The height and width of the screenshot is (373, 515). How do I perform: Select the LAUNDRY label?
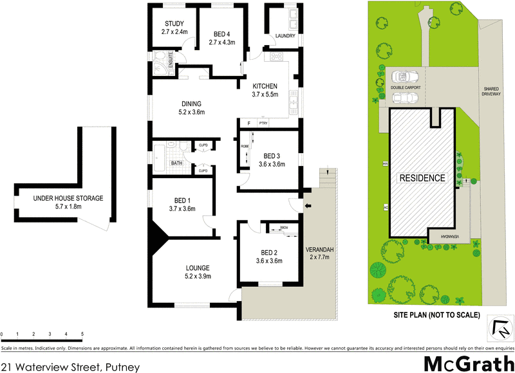[285, 36]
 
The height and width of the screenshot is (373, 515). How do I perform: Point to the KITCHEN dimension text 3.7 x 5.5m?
[265, 95]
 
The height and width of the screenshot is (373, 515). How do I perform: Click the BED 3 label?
[272, 155]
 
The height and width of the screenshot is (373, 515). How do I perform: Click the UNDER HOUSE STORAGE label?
[68, 198]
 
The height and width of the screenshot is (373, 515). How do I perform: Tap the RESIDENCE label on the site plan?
[422, 177]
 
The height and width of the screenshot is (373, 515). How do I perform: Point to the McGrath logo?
[467, 361]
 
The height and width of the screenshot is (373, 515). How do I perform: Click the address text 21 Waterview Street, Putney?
[70, 366]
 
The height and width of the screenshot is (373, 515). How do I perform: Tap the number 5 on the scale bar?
[82, 334]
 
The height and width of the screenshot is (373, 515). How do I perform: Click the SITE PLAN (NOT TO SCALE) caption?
[437, 315]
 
